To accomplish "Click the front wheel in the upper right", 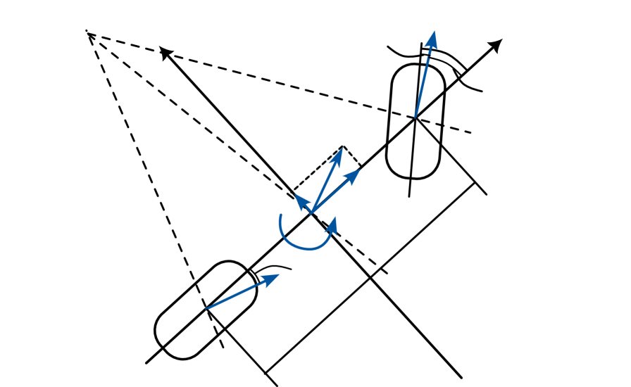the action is [x=416, y=121].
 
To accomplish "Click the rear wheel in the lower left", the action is [x=205, y=310].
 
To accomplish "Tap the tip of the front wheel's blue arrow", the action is [x=433, y=32].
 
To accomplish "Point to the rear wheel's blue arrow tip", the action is [x=278, y=275].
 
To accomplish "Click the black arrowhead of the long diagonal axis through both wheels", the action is [x=496, y=45].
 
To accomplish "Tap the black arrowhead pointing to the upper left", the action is [x=165, y=51].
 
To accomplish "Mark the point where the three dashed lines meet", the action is [x=87, y=32].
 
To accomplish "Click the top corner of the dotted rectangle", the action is [x=342, y=146].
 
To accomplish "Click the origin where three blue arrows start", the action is [x=312, y=212].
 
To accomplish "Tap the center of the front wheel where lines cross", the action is [x=416, y=117].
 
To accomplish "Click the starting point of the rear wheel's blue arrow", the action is [x=205, y=308].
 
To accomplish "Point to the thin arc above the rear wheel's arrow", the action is [x=275, y=267].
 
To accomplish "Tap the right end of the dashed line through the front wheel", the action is [x=471, y=132].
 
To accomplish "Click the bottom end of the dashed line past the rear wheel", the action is [x=223, y=348].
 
